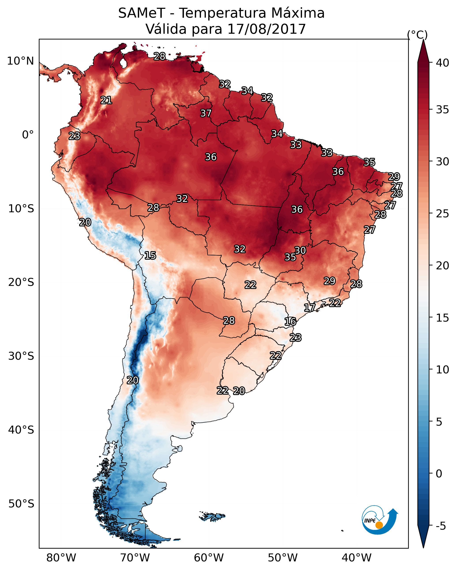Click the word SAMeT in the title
tap(142, 13)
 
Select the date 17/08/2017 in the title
tap(266, 29)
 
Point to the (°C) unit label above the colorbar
tap(417, 35)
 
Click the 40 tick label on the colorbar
tap(442, 63)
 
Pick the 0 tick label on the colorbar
tap(439, 473)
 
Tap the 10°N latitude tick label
tap(20, 61)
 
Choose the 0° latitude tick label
tap(28, 135)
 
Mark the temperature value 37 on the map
tap(206, 113)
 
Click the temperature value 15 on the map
tap(150, 255)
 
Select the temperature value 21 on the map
tap(106, 100)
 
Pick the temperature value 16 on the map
tap(290, 322)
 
